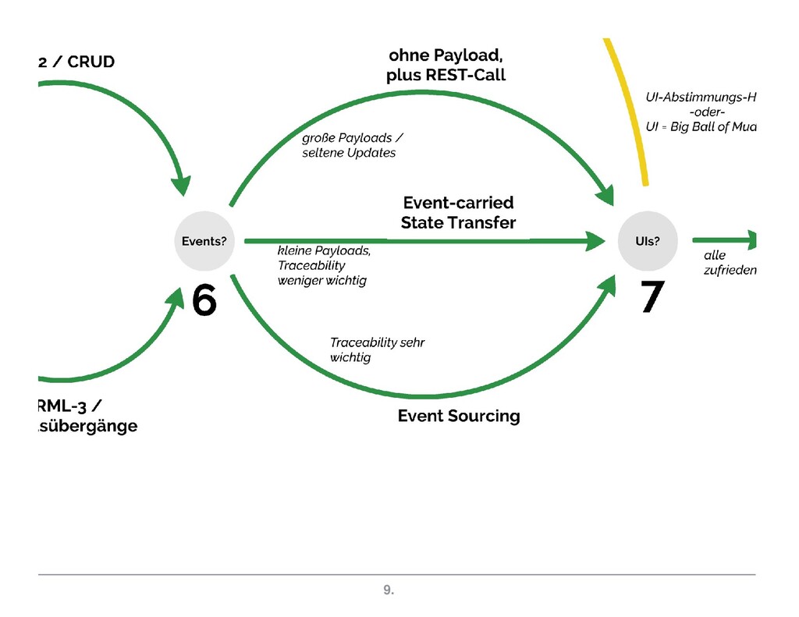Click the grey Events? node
pyautogui.click(x=204, y=241)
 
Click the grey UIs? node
pyautogui.click(x=647, y=241)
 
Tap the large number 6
pyautogui.click(x=204, y=300)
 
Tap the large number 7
pyautogui.click(x=652, y=297)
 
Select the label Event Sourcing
pyautogui.click(x=458, y=416)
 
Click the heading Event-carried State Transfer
pyautogui.click(x=458, y=213)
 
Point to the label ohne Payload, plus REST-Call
pyautogui.click(x=446, y=66)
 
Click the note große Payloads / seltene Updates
pyautogui.click(x=351, y=146)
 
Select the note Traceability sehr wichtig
pyautogui.click(x=377, y=350)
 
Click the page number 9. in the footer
pyautogui.click(x=388, y=591)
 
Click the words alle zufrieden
pyautogui.click(x=730, y=263)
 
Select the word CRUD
pyautogui.click(x=91, y=62)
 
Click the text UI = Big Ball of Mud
pyautogui.click(x=701, y=127)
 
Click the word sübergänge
pyautogui.click(x=87, y=427)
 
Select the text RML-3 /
pyautogui.click(x=69, y=406)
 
